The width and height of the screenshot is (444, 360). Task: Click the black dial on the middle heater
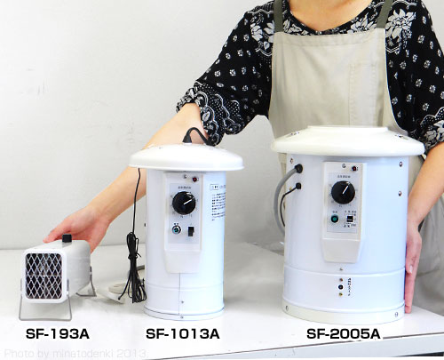(184, 204)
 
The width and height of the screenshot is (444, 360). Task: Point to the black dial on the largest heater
(343, 192)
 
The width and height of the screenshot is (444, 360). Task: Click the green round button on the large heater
(334, 219)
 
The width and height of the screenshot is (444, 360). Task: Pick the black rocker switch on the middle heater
(190, 230)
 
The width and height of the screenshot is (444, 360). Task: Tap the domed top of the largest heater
(346, 140)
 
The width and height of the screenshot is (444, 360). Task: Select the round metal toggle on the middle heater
(177, 228)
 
